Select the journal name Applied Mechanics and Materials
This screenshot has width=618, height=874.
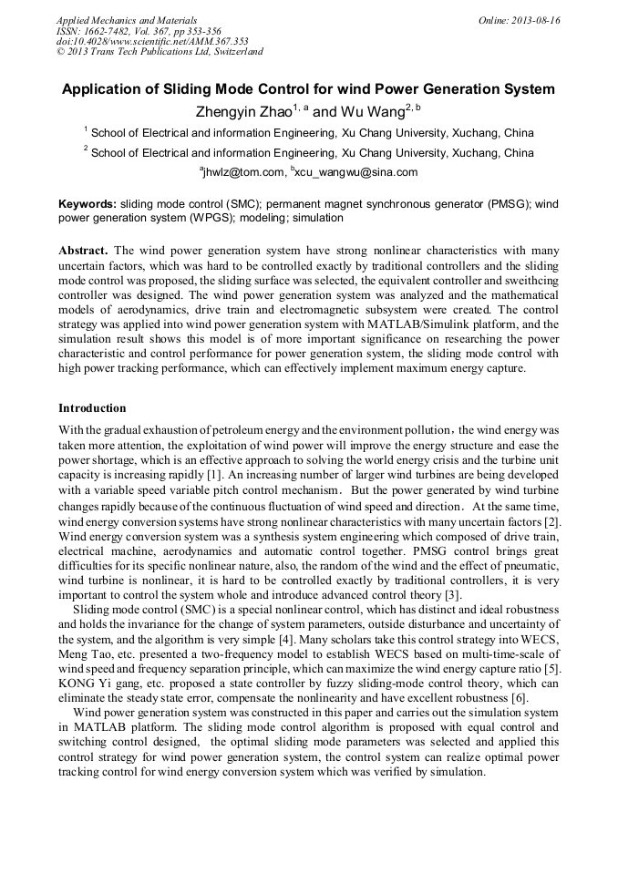(127, 20)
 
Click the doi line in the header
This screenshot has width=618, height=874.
(152, 41)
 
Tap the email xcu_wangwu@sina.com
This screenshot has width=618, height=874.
(355, 172)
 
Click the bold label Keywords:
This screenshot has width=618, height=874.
(88, 204)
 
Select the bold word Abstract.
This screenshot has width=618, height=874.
(84, 250)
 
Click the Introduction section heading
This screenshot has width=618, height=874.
(92, 407)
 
